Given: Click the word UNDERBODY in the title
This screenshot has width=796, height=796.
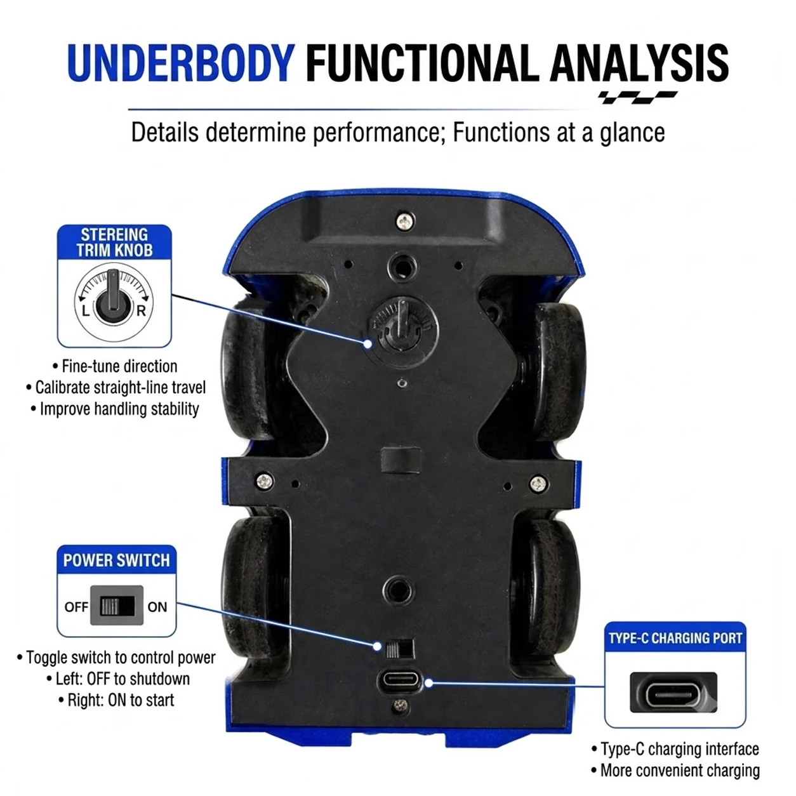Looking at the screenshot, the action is (181, 63).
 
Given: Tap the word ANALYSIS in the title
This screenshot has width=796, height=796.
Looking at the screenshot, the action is (639, 63).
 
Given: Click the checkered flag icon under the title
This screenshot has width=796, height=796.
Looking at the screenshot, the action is (638, 97).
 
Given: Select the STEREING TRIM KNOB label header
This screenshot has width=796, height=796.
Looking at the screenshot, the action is (114, 242).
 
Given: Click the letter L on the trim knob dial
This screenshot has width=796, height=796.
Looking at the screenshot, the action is (86, 310).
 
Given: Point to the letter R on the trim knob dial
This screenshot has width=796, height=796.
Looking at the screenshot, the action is (142, 310).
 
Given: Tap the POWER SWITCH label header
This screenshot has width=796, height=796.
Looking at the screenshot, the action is (117, 561).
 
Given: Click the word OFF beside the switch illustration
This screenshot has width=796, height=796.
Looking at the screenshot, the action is (76, 607).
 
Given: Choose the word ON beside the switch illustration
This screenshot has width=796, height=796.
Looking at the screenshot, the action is (157, 607).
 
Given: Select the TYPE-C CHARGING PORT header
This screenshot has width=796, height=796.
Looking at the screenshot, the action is (675, 638).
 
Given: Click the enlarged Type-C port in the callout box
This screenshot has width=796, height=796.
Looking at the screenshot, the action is (673, 693).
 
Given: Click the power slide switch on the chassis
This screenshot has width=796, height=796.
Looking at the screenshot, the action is (399, 649).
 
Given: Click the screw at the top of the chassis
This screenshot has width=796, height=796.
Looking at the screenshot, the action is (405, 221).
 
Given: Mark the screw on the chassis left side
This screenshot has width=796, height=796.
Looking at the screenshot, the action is (264, 481).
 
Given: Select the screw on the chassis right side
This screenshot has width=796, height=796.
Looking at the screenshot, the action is (538, 483).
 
